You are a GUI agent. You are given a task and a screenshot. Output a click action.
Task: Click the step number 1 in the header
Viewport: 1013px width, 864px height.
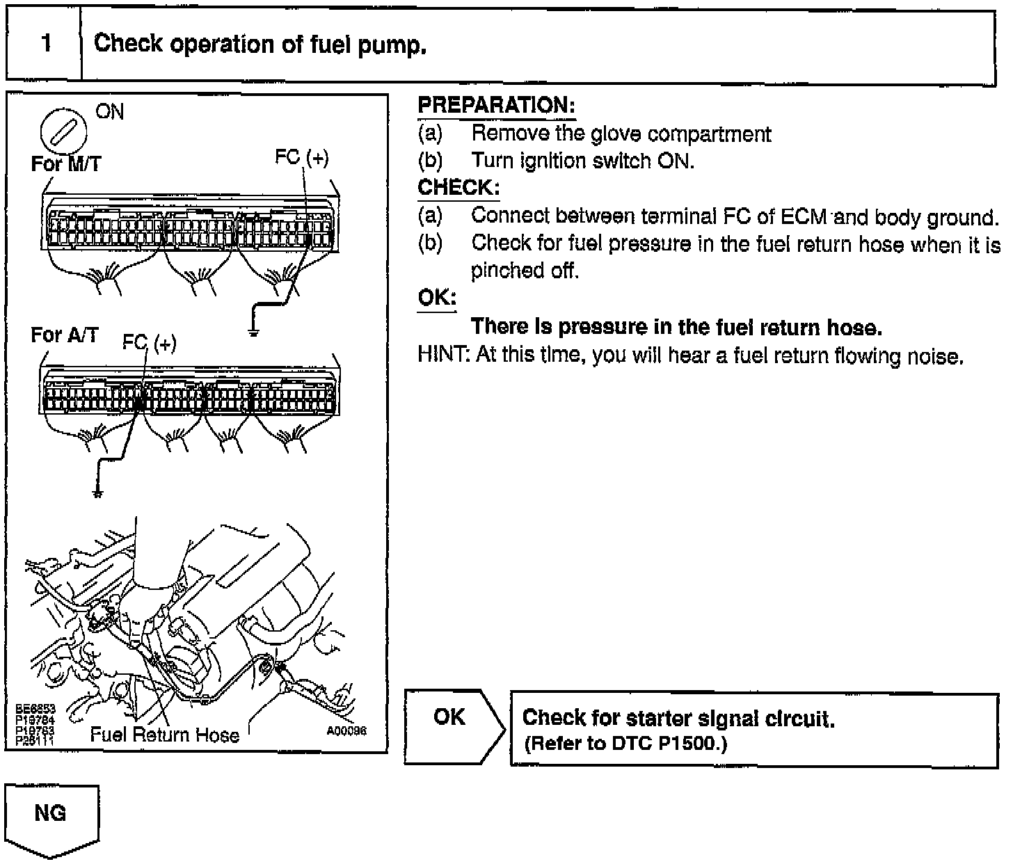pyautogui.click(x=46, y=44)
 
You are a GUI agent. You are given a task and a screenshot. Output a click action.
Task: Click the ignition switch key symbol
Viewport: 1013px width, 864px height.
pyautogui.click(x=64, y=130)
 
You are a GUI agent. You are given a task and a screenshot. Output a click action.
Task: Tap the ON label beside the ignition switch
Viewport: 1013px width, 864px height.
pyautogui.click(x=109, y=112)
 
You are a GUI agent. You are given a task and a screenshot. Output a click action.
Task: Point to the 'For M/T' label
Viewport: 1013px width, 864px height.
pyautogui.click(x=65, y=164)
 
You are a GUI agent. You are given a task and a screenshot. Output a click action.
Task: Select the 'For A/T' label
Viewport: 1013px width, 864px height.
pyautogui.click(x=64, y=335)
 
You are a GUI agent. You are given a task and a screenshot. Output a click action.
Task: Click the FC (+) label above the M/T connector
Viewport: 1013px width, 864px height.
pyautogui.click(x=301, y=158)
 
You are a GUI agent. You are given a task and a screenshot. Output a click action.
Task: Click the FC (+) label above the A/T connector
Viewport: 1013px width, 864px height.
pyautogui.click(x=149, y=343)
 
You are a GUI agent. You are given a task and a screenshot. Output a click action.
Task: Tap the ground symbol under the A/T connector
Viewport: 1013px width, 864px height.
pyautogui.click(x=97, y=493)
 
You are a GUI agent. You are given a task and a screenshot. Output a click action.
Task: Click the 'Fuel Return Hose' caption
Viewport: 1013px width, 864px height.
pyautogui.click(x=164, y=735)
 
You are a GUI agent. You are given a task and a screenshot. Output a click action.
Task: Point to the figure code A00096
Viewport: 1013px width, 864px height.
pyautogui.click(x=346, y=731)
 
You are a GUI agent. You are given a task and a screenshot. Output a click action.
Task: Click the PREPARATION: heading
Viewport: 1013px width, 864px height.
pyautogui.click(x=496, y=106)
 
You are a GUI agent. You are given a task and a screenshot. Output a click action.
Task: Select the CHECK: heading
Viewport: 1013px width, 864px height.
pyautogui.click(x=458, y=188)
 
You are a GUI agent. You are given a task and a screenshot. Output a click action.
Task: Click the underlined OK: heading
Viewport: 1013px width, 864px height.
pyautogui.click(x=436, y=298)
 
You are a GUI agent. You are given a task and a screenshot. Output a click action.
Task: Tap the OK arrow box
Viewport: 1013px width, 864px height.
pyautogui.click(x=452, y=725)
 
